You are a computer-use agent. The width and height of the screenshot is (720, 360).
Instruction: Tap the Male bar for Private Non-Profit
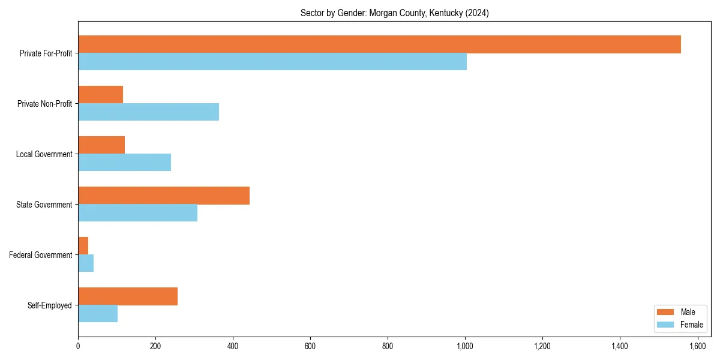[100, 95]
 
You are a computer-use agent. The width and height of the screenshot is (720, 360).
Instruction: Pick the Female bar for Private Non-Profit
[148, 112]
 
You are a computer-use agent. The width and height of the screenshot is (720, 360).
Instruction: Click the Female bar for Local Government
[124, 163]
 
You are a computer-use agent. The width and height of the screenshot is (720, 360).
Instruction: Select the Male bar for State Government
[164, 196]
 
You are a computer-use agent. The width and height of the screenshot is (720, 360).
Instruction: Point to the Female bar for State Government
[137, 213]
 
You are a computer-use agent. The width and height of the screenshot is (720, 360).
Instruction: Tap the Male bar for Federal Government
[83, 246]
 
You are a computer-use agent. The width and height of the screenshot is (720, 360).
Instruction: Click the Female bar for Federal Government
[86, 263]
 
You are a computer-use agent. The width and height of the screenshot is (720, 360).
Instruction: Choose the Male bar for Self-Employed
[128, 296]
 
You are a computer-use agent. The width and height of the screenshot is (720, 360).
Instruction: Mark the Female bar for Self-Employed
[98, 314]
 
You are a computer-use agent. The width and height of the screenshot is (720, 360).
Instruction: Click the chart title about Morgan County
[394, 13]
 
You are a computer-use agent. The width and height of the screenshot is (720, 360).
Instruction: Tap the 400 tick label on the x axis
[233, 346]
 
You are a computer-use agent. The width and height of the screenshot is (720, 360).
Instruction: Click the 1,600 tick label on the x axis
[697, 346]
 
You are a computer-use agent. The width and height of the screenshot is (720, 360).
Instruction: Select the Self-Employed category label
[49, 305]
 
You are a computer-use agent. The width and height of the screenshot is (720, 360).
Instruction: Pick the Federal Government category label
[41, 255]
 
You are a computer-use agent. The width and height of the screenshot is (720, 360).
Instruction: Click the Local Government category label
[44, 154]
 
